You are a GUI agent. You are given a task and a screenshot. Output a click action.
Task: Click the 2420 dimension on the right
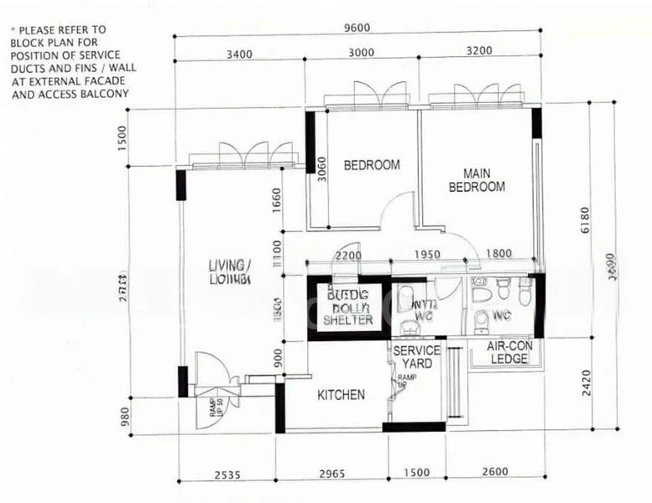pyautogui.click(x=585, y=381)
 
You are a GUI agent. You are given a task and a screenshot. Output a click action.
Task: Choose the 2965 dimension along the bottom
pyautogui.click(x=333, y=474)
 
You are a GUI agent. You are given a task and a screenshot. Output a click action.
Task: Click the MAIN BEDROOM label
pyautogui.click(x=477, y=180)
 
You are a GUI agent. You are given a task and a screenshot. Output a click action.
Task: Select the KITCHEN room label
pyautogui.click(x=341, y=394)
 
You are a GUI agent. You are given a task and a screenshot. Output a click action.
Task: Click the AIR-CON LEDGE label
pyautogui.click(x=509, y=352)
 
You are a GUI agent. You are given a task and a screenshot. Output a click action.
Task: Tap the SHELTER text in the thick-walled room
pyautogui.click(x=348, y=319)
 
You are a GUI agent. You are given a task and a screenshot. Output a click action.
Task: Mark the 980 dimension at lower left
pyautogui.click(x=125, y=415)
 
